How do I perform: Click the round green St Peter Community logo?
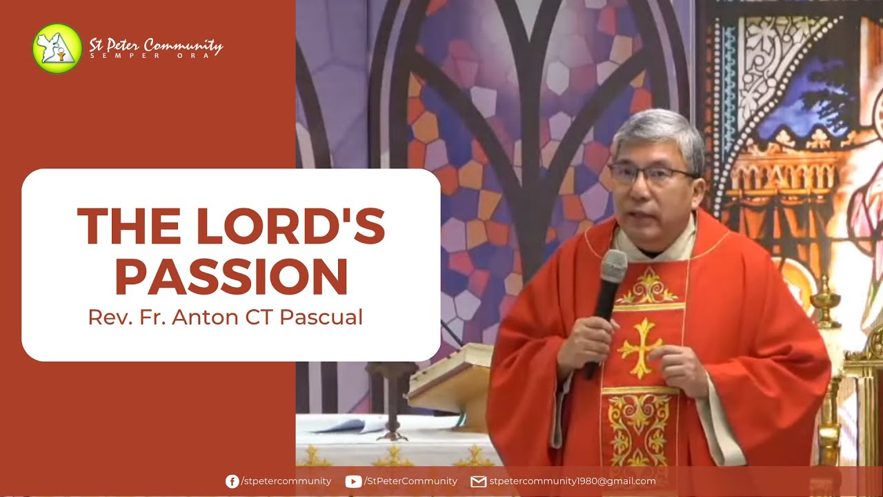pos(57,48)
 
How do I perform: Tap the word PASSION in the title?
pos(231,277)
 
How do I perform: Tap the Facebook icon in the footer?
pos(232,481)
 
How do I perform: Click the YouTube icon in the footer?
pos(353,481)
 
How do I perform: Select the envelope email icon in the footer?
pos(478,481)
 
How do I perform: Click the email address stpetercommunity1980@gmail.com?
pos(573,481)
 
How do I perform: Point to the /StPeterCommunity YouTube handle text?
pos(410,481)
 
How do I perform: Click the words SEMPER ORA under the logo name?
pos(155,56)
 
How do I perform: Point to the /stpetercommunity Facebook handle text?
pos(286,481)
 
